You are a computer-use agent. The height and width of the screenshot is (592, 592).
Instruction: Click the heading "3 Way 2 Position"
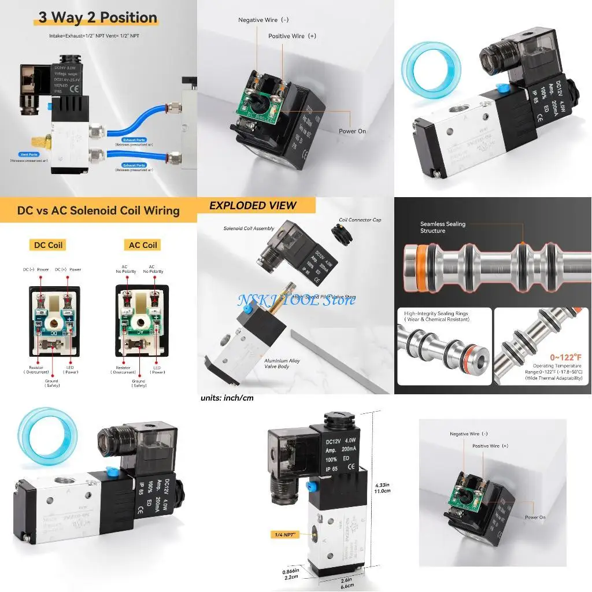click(x=97, y=18)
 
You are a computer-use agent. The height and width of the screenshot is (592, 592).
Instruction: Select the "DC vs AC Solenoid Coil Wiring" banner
click(x=98, y=210)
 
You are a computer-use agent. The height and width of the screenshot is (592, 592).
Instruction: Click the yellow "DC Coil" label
click(x=47, y=245)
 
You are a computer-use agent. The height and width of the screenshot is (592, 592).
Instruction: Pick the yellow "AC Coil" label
click(x=142, y=245)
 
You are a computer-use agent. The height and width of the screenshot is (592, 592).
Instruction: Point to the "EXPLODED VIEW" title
click(x=253, y=206)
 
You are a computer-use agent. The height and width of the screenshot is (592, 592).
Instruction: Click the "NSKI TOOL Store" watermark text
click(x=296, y=299)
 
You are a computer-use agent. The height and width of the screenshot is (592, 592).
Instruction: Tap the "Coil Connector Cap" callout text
click(x=360, y=220)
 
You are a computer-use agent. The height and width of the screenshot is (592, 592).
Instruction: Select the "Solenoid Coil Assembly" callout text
click(x=249, y=229)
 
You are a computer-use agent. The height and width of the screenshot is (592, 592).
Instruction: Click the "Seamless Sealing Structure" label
click(x=443, y=227)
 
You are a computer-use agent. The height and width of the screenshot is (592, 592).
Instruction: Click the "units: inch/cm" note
click(x=227, y=398)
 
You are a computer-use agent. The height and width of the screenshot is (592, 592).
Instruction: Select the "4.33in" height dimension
click(x=383, y=484)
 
